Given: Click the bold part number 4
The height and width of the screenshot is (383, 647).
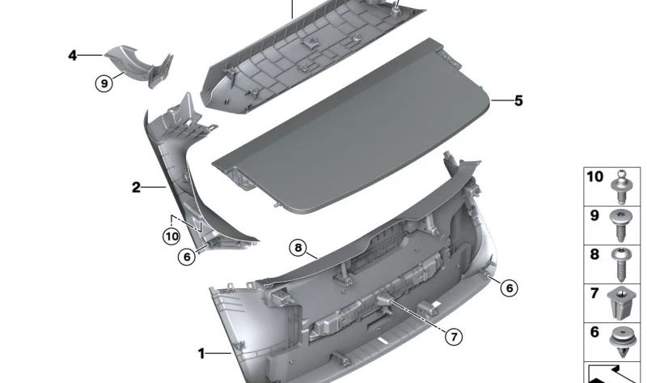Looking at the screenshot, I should (x=73, y=55).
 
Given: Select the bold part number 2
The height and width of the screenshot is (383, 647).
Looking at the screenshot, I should (x=137, y=188).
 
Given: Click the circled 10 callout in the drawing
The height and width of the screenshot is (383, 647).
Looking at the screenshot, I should (x=170, y=236).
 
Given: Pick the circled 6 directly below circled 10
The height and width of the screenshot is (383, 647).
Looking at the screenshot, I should (x=187, y=257).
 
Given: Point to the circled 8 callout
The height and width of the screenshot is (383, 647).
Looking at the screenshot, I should (x=298, y=248).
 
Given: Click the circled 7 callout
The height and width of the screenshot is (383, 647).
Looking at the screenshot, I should (x=454, y=335).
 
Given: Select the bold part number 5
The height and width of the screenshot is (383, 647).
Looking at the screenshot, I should (x=518, y=101).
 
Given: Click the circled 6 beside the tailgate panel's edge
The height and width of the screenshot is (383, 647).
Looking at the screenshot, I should (x=508, y=287).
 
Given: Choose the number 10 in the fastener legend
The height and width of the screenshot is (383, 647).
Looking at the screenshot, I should (x=594, y=177).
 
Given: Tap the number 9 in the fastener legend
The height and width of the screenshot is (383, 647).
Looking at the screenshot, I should (x=594, y=216).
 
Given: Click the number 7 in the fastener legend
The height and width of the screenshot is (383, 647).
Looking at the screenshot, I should (x=594, y=292).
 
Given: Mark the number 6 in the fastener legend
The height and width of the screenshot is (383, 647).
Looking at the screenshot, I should (x=594, y=331).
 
